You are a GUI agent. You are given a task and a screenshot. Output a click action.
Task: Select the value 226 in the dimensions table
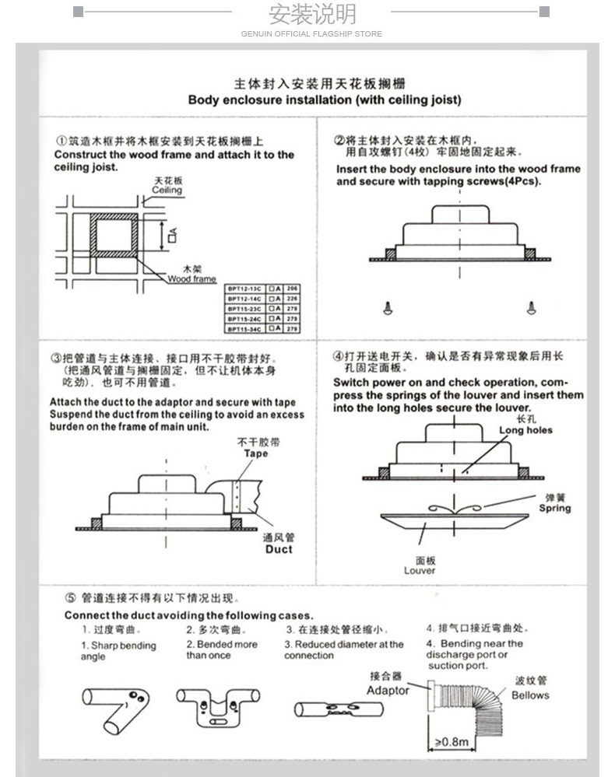(293, 299)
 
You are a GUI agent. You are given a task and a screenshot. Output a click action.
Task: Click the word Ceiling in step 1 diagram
(167, 191)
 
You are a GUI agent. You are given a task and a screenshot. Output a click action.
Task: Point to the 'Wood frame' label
(192, 278)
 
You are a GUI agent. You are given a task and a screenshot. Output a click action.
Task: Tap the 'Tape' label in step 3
(255, 453)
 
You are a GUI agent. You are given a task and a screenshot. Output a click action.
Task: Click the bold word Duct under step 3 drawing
(279, 549)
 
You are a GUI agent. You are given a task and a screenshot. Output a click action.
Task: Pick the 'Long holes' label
(525, 430)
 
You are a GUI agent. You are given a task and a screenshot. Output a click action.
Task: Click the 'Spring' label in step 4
(555, 509)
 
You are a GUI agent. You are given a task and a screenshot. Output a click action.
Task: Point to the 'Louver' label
(420, 571)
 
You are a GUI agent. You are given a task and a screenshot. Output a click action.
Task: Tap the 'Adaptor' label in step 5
(388, 690)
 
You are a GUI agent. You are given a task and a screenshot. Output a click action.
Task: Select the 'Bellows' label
(530, 695)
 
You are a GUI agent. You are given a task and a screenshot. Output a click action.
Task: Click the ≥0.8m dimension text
(452, 742)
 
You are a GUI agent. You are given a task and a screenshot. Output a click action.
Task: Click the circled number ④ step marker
(338, 356)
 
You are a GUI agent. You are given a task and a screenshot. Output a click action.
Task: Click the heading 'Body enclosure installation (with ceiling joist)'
(325, 100)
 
